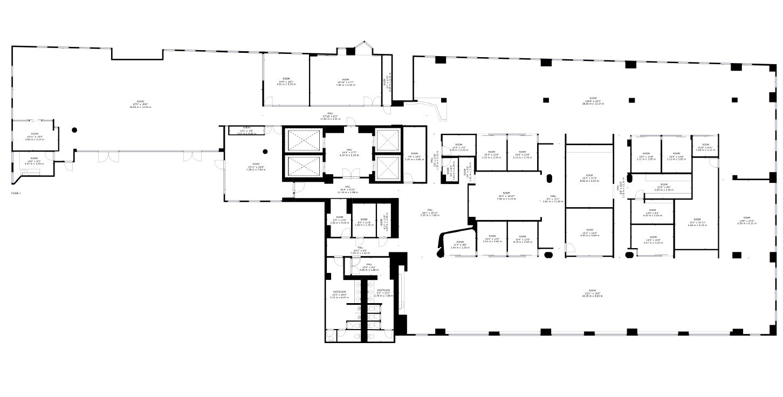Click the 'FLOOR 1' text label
16,193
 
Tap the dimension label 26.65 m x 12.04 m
140,107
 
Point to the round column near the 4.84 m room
74,129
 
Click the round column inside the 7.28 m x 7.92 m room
265,152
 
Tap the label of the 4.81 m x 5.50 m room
286,82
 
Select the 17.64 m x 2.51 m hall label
330,116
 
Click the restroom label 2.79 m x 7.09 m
383,293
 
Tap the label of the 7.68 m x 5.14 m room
506,196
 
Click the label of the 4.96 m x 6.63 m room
589,179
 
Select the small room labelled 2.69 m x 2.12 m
704,149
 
